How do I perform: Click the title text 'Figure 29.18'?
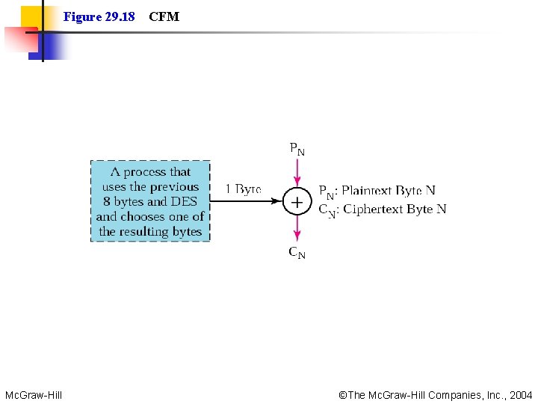[99, 16]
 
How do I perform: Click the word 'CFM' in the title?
[164, 16]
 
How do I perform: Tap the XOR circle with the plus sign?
[297, 202]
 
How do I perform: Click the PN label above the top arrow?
[297, 149]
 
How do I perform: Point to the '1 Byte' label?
[244, 190]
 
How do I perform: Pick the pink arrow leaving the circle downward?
[297, 230]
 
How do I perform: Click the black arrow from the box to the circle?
[247, 202]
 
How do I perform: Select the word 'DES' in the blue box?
[184, 201]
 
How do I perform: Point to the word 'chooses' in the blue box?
[144, 216]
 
